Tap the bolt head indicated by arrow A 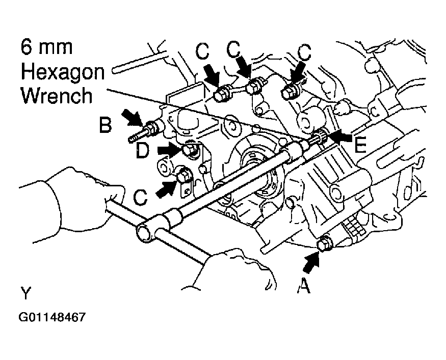pos(324,245)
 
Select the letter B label pos(106,125)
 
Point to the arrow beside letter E pos(340,137)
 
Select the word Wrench pos(57,95)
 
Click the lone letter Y pos(26,294)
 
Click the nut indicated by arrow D pos(190,149)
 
